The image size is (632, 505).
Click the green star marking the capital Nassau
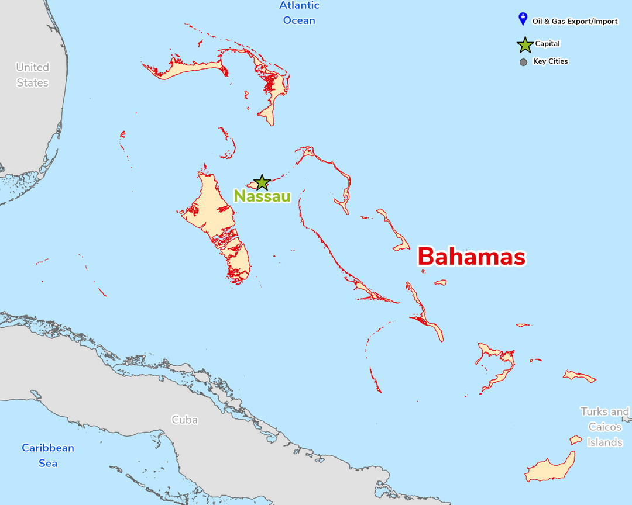(262, 182)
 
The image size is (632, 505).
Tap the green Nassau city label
(262, 196)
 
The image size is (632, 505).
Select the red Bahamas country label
(471, 257)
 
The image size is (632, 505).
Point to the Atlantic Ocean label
(299, 13)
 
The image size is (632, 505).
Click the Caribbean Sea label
(48, 455)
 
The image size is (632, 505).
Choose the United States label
(32, 75)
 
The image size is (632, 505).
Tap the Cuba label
(184, 420)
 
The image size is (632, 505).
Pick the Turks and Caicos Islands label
(605, 427)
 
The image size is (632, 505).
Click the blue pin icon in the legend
(523, 19)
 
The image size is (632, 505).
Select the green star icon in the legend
(524, 44)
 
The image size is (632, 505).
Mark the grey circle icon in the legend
(523, 62)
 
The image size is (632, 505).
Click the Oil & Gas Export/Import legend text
(575, 22)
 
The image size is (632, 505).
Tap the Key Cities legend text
(550, 61)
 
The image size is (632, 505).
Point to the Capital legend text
(547, 44)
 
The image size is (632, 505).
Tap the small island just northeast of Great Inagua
(576, 439)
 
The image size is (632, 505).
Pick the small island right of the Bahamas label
(441, 282)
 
